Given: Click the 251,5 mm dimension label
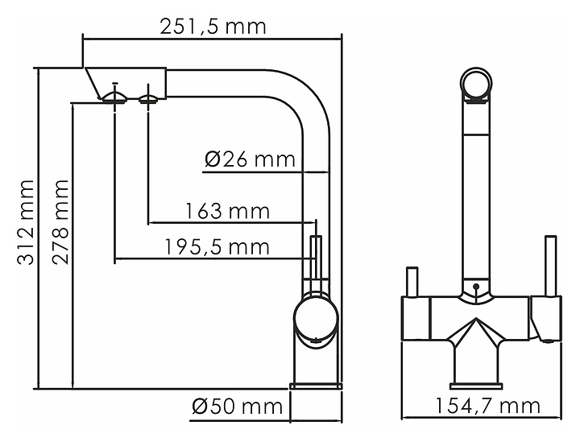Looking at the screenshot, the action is pos(213,27).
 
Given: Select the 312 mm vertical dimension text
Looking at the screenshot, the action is pos(26,222).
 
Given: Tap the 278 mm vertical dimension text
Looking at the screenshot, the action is pos(60,222).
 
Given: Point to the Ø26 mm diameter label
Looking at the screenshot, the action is pos(250,159).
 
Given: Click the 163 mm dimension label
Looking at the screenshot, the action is pos(227,211).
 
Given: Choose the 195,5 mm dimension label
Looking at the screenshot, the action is pos(217,247).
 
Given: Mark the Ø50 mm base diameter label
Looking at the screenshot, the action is pos(237,407).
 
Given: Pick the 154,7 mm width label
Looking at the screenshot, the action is pos(487,406).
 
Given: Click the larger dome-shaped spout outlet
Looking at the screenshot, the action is pos(115,97).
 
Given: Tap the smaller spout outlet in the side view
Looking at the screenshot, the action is pos(148,98).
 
